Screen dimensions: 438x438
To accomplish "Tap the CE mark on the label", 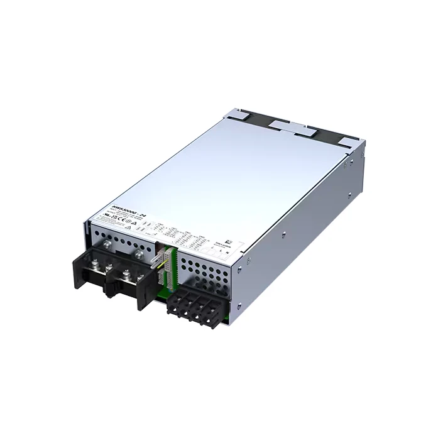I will tap(121, 224).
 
